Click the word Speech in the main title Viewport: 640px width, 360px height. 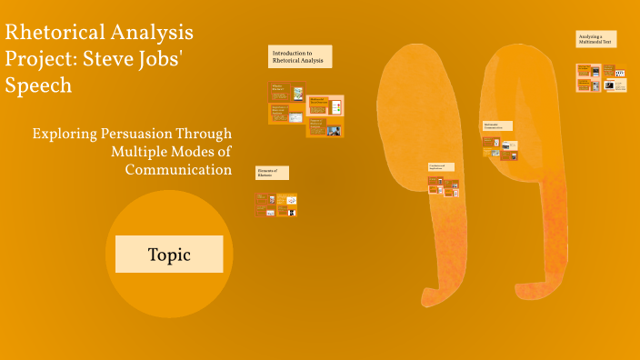pyautogui.click(x=38, y=85)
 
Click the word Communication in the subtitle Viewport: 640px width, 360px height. pyautogui.click(x=178, y=169)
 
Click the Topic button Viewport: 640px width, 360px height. pyautogui.click(x=169, y=255)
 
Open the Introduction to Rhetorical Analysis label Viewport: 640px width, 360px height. pyautogui.click(x=299, y=56)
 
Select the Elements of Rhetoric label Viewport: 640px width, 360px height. pyautogui.click(x=272, y=173)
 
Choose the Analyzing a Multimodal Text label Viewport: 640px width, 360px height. pyautogui.click(x=596, y=39)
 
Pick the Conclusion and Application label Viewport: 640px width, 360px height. pyautogui.click(x=441, y=167)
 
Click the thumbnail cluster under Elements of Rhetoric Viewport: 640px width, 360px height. pyautogui.click(x=276, y=205)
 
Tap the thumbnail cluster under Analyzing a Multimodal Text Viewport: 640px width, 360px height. pyautogui.click(x=601, y=77)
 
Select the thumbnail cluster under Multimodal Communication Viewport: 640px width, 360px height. pyautogui.click(x=500, y=150)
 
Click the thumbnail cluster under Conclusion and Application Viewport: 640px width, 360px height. pyautogui.click(x=444, y=185)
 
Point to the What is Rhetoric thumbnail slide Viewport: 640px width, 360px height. pyautogui.click(x=286, y=92)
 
